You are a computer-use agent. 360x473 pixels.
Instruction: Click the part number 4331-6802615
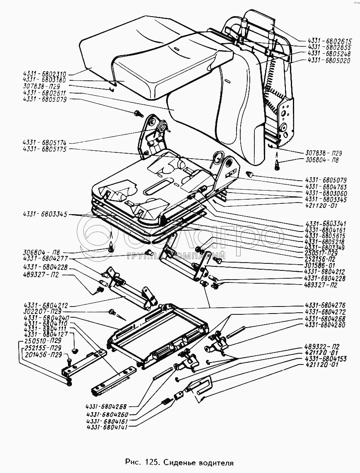[x=329, y=42]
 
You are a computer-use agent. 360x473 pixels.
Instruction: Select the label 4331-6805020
[x=329, y=60]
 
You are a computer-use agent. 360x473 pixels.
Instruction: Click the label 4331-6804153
[x=326, y=359]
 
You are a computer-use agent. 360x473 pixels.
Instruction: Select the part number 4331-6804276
[x=325, y=305]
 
